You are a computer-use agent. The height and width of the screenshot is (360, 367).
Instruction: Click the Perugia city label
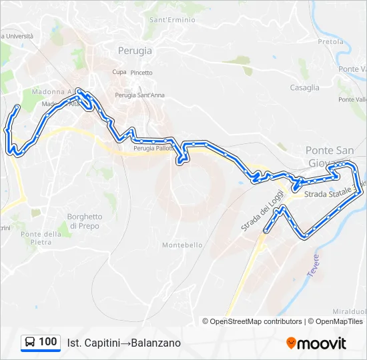click(135, 50)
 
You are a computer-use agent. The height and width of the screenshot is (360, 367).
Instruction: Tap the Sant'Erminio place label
click(172, 20)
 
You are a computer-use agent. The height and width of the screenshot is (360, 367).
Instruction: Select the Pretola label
click(330, 41)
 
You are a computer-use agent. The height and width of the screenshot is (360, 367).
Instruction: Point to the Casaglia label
click(304, 87)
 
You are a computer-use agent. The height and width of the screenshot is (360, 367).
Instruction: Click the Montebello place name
click(182, 245)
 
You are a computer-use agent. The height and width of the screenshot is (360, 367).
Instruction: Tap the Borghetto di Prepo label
click(85, 221)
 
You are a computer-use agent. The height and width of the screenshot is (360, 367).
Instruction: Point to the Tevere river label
click(314, 266)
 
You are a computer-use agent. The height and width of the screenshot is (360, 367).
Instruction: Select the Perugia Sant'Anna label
click(139, 95)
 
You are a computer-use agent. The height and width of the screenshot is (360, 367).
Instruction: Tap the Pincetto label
click(141, 73)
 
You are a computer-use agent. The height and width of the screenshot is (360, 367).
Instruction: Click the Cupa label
click(119, 72)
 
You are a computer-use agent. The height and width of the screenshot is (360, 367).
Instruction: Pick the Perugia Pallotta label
click(153, 148)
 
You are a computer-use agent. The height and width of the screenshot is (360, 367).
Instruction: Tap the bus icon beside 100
click(29, 342)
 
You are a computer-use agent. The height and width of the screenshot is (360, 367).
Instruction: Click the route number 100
click(48, 342)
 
